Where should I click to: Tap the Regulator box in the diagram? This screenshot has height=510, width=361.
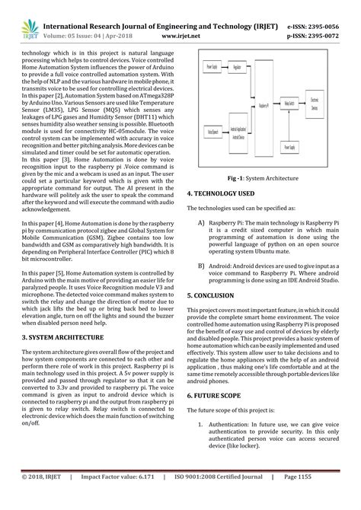click(236, 67)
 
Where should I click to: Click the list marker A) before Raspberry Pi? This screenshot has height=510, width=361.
click(201, 223)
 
